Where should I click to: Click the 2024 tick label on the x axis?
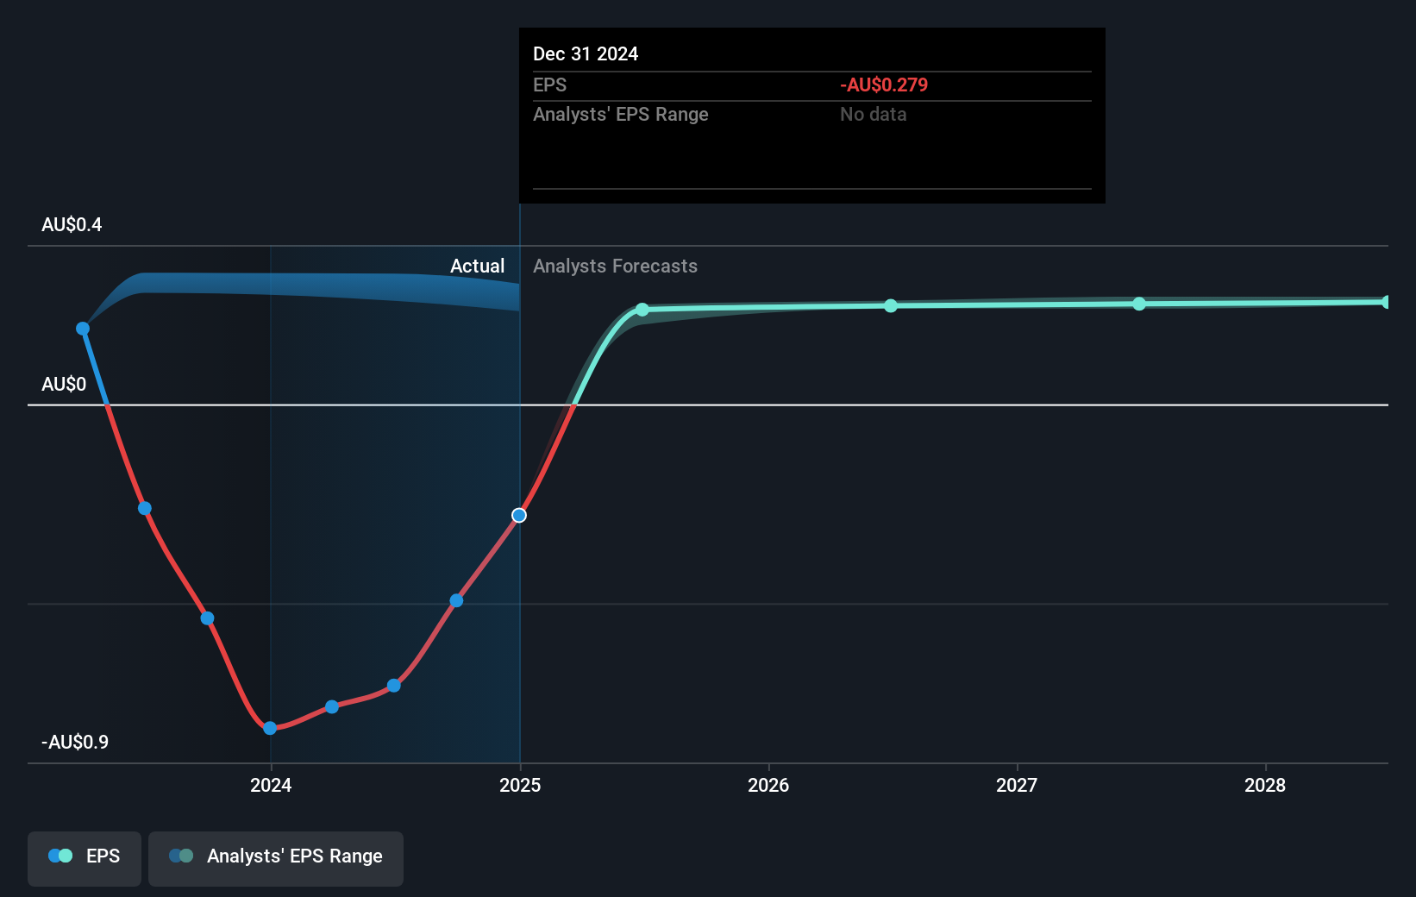pyautogui.click(x=271, y=785)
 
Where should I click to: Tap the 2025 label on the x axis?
pyautogui.click(x=520, y=785)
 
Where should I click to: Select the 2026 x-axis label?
pyautogui.click(x=768, y=785)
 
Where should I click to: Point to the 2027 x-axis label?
pyautogui.click(x=1017, y=785)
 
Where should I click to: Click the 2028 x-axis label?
pyautogui.click(x=1265, y=785)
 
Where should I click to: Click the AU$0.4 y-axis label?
pyautogui.click(x=72, y=225)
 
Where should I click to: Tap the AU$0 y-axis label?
pyautogui.click(x=64, y=385)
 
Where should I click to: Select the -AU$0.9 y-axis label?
pyautogui.click(x=75, y=743)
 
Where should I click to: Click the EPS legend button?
pyautogui.click(x=85, y=856)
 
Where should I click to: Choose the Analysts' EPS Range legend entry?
pyautogui.click(x=276, y=856)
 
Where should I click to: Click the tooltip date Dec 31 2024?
pyautogui.click(x=586, y=54)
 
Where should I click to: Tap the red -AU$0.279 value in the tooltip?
pyautogui.click(x=884, y=85)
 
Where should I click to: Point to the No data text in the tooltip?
pyautogui.click(x=873, y=115)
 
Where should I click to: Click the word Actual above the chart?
pyautogui.click(x=477, y=267)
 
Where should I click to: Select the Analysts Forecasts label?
pyautogui.click(x=615, y=267)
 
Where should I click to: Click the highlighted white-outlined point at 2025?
pyautogui.click(x=519, y=516)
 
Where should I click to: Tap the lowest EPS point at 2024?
pyautogui.click(x=270, y=729)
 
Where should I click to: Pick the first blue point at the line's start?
pyautogui.click(x=83, y=329)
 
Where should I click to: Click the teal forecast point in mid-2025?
pyautogui.click(x=642, y=310)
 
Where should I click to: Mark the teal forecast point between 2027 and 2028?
pyautogui.click(x=1139, y=304)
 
